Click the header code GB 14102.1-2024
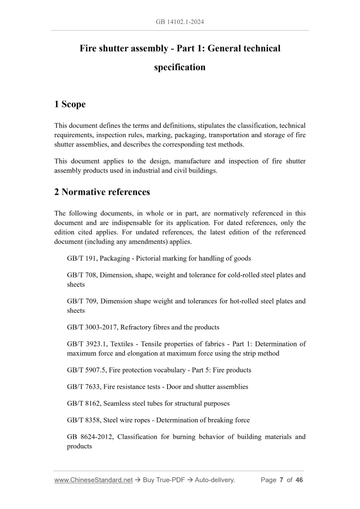point(180,22)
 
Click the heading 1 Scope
point(70,104)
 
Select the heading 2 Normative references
point(102,192)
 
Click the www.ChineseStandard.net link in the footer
point(94,480)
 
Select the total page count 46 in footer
point(299,480)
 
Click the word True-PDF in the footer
point(172,480)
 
